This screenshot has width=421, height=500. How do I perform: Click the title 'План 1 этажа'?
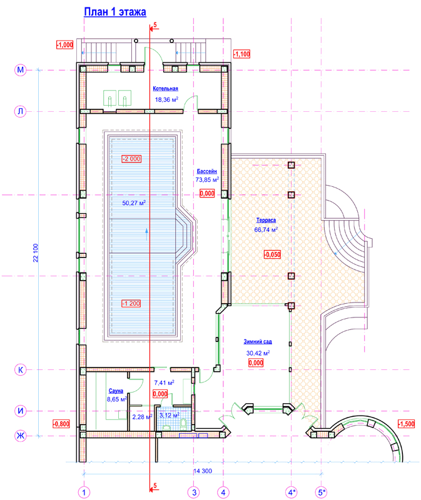pyautogui.click(x=115, y=12)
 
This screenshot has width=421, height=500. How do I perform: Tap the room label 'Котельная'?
pyautogui.click(x=165, y=89)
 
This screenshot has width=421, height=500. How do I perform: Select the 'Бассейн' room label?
pyautogui.click(x=207, y=171)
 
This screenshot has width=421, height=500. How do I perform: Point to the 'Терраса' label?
pyautogui.click(x=266, y=220)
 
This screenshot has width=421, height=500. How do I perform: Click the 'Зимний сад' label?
pyautogui.click(x=258, y=341)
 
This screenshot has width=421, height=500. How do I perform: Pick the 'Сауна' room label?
pyautogui.click(x=116, y=391)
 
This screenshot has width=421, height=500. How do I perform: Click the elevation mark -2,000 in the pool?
pyautogui.click(x=131, y=159)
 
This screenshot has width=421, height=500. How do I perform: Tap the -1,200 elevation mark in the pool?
pyautogui.click(x=131, y=304)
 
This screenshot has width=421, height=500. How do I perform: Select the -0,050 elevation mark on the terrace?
pyautogui.click(x=272, y=254)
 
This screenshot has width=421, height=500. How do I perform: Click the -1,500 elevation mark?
pyautogui.click(x=407, y=424)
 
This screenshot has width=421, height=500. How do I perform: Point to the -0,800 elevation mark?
pyautogui.click(x=61, y=424)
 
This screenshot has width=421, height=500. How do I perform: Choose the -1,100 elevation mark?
pyautogui.click(x=241, y=54)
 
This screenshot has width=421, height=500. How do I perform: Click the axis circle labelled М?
pyautogui.click(x=20, y=70)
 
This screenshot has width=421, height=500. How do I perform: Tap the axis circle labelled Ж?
pyautogui.click(x=20, y=436)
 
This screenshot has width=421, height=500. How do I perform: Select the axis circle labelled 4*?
pyautogui.click(x=292, y=492)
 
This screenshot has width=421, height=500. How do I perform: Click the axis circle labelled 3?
pyautogui.click(x=194, y=492)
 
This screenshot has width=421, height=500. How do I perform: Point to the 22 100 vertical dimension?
pyautogui.click(x=36, y=253)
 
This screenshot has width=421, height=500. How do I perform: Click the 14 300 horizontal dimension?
pyautogui.click(x=203, y=471)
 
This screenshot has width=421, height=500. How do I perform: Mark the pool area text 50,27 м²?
pyautogui.click(x=134, y=202)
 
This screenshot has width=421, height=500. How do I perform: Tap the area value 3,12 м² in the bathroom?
pyautogui.click(x=169, y=415)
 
